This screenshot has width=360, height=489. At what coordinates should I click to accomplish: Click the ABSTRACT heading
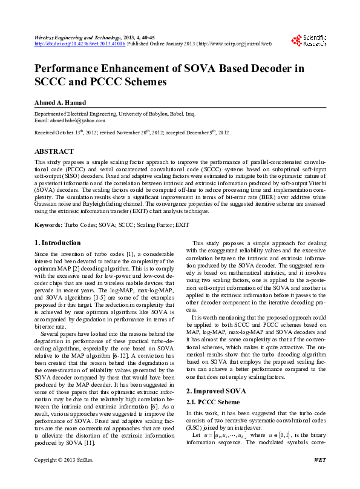pyautogui.click(x=54, y=151)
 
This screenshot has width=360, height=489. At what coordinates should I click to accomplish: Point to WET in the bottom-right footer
pyautogui.click(x=320, y=477)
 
